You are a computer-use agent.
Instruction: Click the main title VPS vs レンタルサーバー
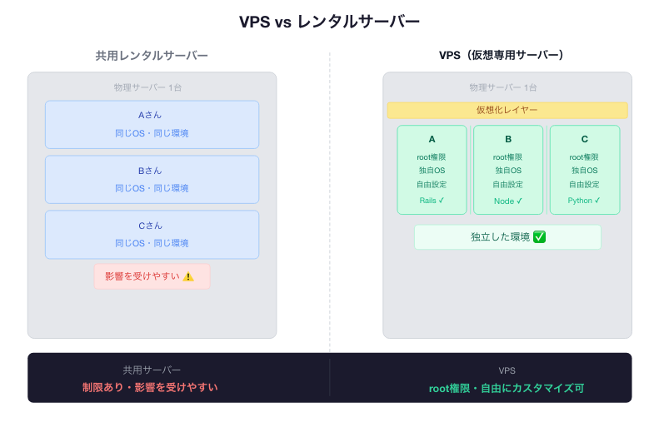click(329, 22)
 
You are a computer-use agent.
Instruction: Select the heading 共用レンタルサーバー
click(152, 56)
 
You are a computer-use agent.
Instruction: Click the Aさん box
click(152, 125)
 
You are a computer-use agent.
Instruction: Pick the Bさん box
click(152, 180)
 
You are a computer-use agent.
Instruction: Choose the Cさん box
click(152, 234)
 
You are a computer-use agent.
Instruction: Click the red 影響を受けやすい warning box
click(152, 276)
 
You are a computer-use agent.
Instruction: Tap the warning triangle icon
click(188, 276)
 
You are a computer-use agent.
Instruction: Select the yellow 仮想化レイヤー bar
click(507, 110)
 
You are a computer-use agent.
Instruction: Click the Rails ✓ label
click(432, 201)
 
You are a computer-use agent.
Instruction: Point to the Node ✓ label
click(508, 201)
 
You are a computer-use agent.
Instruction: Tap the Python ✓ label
click(584, 201)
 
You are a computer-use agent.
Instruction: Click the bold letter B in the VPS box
click(508, 140)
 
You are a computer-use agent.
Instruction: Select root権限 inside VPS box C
click(584, 156)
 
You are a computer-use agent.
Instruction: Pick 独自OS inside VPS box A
click(432, 171)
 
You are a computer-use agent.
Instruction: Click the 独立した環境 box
click(507, 237)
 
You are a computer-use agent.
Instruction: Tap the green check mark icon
click(539, 237)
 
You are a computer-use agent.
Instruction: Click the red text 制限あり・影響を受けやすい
click(150, 387)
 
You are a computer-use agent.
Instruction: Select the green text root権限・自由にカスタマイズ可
click(507, 388)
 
